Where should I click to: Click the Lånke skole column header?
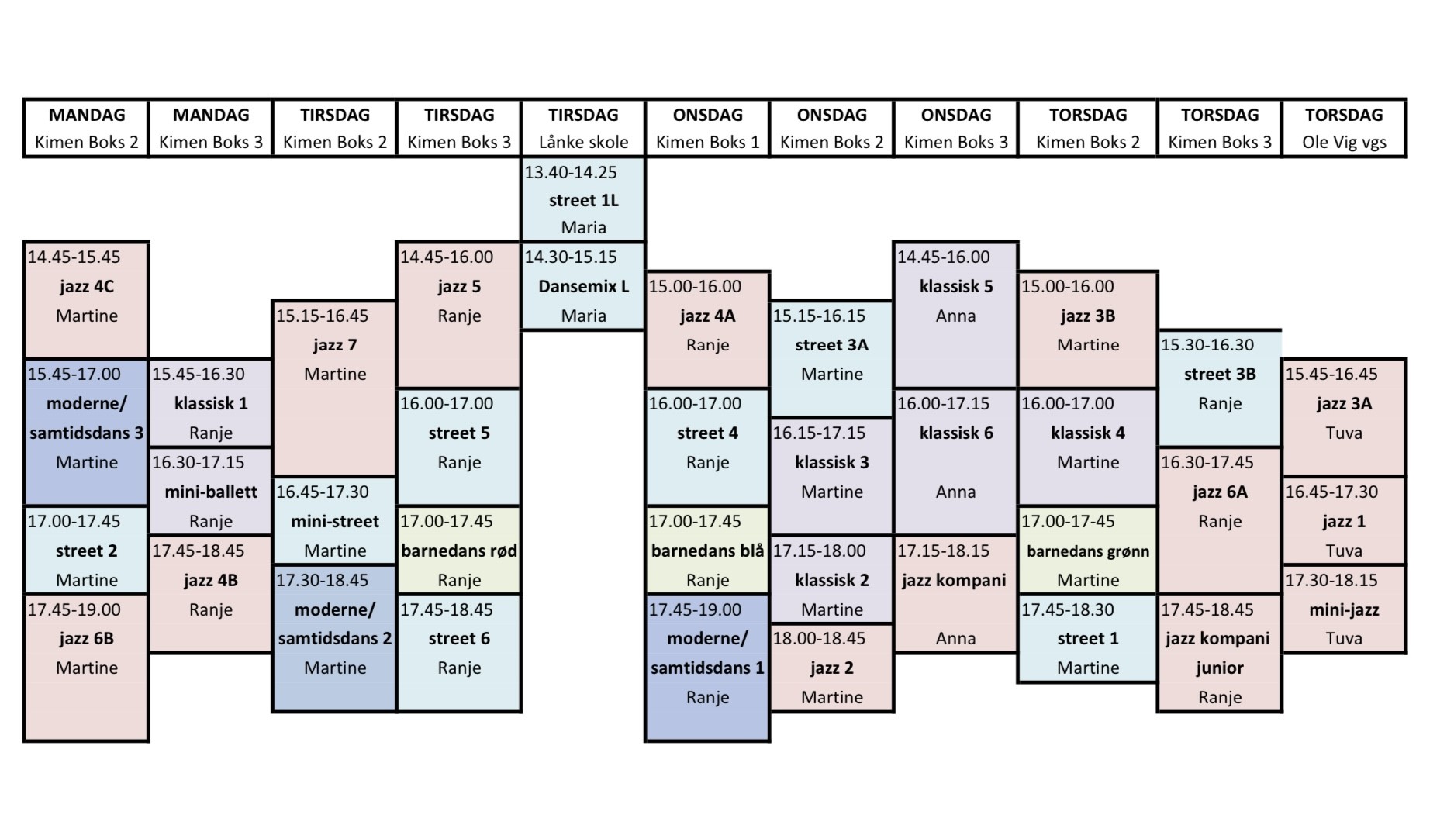pos(583,142)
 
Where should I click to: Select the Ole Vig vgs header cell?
pos(1344,142)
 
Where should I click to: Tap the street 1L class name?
pos(583,200)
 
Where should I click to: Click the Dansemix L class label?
pos(583,286)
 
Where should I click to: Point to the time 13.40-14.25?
pos(571,171)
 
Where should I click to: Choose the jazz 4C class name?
pos(87,286)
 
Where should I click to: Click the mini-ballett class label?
pos(211,492)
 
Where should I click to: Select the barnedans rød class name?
pos(459,551)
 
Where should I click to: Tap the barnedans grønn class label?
pos(1088,551)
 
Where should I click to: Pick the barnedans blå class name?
pos(707,551)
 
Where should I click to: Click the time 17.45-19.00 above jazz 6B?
pos(74,609)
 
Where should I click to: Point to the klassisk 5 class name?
pos(955,286)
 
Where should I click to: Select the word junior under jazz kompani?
pos(1219,668)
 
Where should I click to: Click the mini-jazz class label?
pos(1344,609)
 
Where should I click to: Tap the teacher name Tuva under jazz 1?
pos(1344,551)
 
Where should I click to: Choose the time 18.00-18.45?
pos(819,638)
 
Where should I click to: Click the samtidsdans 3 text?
pos(87,433)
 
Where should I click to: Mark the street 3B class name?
pos(1219,374)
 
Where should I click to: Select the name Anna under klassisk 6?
pos(955,492)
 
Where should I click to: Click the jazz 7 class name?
pos(335,344)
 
